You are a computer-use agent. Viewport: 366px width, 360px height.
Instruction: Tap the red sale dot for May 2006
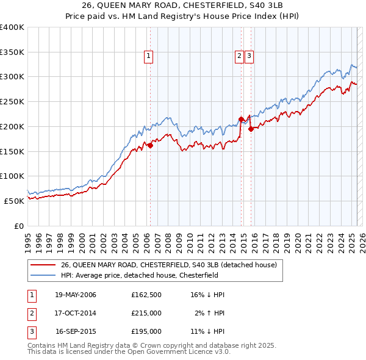pos(150,145)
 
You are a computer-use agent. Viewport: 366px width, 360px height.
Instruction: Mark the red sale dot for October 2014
pos(241,119)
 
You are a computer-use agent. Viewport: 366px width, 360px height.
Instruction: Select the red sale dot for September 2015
pos(251,129)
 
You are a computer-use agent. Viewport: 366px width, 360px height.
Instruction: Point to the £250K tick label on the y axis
pos(12,101)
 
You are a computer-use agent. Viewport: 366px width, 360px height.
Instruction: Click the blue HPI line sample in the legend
pos(43,275)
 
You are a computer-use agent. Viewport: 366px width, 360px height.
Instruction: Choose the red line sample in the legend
pos(43,265)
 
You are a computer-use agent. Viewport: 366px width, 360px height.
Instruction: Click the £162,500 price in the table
pos(146,295)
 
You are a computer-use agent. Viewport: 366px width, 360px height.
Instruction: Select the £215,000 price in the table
pos(146,313)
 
